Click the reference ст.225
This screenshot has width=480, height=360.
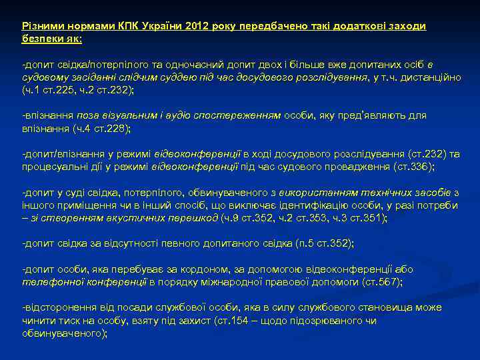point(53,89)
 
